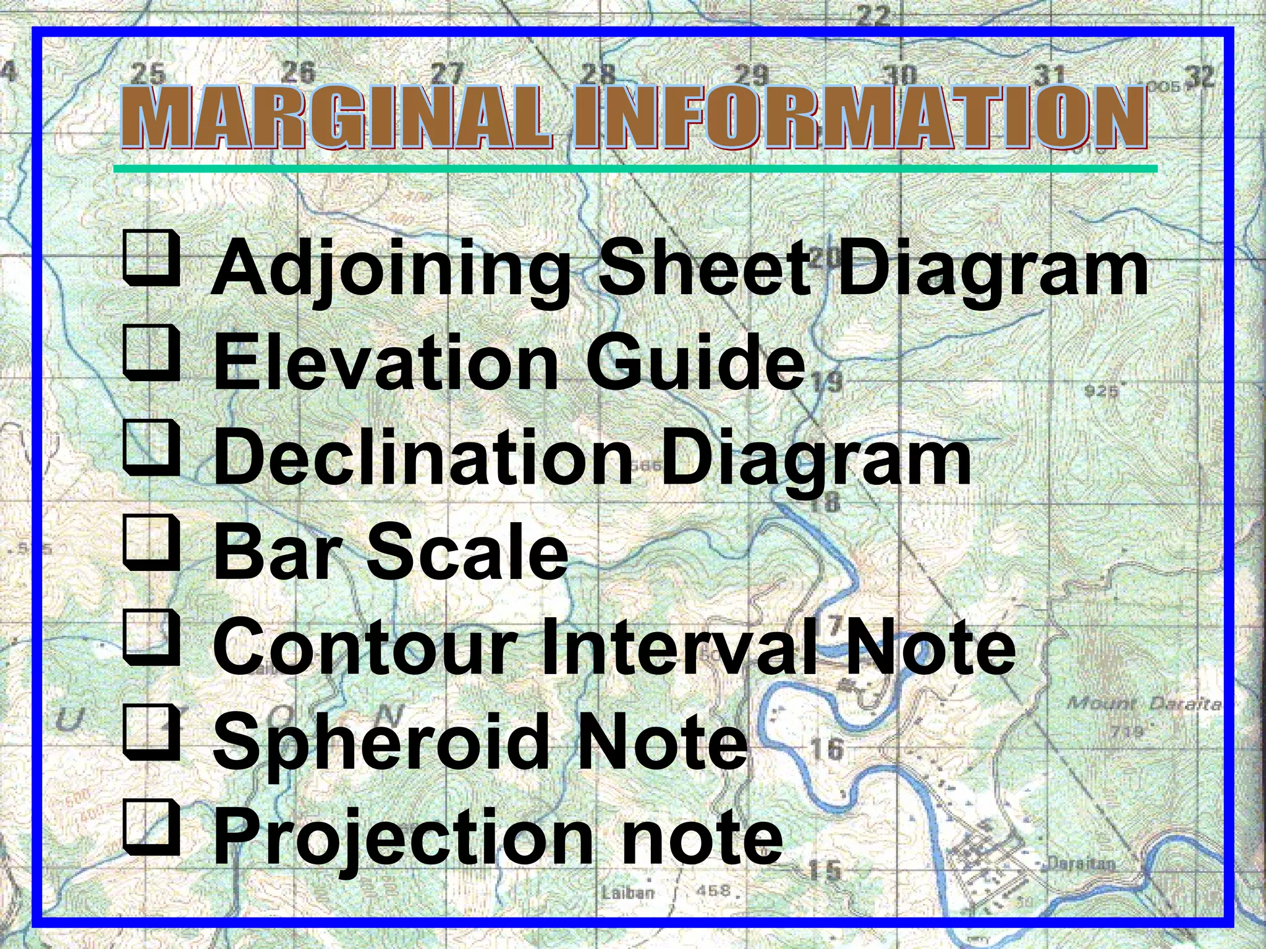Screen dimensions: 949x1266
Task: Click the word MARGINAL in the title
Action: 336,117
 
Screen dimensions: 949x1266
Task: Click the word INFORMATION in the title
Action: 860,117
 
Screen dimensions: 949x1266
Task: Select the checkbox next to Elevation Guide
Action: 151,355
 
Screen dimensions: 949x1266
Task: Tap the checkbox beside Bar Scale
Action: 151,544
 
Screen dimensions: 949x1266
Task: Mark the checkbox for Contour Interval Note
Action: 151,639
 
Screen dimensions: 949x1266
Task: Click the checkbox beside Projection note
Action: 151,828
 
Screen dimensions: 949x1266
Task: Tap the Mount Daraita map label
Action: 1143,704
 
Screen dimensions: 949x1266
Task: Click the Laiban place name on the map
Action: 627,893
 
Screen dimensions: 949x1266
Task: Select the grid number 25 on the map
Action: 149,74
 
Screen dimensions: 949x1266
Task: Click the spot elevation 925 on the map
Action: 1102,391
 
